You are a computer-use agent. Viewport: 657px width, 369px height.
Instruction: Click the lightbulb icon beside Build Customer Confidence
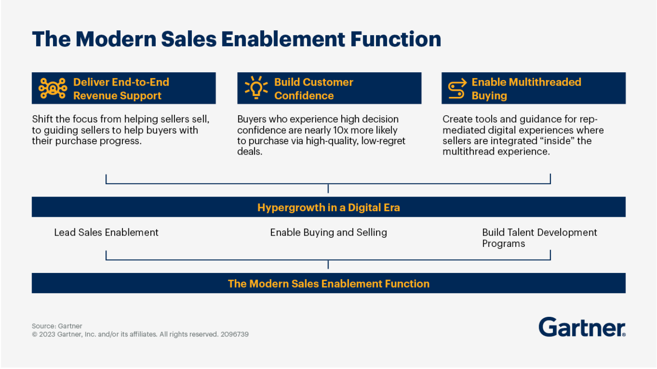(x=256, y=88)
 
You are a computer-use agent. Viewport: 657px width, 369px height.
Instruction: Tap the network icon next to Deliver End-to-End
(x=53, y=88)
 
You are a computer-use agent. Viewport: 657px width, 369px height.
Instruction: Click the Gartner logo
(x=582, y=327)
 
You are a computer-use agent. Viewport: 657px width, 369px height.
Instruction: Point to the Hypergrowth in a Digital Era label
(x=328, y=208)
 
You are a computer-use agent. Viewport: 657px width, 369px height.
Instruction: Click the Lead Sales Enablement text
(x=106, y=232)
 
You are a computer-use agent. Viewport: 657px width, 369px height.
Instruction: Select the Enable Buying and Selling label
(x=328, y=232)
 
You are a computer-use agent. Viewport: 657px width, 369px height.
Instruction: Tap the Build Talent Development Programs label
(x=539, y=238)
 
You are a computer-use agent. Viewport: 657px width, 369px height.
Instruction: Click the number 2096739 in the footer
(x=234, y=334)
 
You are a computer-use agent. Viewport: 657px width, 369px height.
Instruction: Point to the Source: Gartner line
(x=57, y=326)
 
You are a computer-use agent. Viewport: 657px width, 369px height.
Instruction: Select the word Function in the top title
(x=395, y=40)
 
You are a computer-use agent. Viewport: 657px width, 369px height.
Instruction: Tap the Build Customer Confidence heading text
(x=313, y=89)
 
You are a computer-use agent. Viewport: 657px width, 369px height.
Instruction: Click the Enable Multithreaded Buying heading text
(x=526, y=89)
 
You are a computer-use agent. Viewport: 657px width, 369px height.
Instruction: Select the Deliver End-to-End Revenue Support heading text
(x=121, y=89)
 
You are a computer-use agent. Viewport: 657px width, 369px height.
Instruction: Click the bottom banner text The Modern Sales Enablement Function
(x=328, y=283)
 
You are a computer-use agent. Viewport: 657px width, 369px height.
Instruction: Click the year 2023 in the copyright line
(x=47, y=334)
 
